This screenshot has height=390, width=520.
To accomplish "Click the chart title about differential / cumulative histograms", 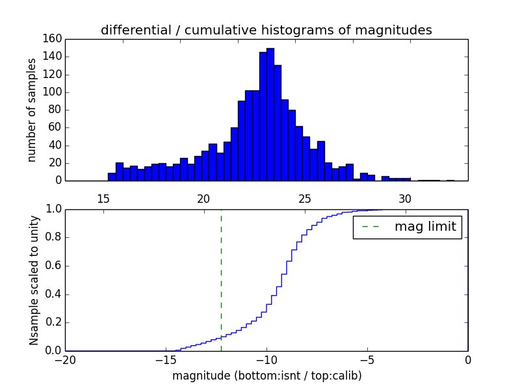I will coord(266,31).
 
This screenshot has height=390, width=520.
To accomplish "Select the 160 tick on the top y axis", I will coord(54,39).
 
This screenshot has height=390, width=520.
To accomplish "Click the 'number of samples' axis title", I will coord(31,109).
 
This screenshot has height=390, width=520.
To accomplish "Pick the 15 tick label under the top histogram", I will coord(103,198).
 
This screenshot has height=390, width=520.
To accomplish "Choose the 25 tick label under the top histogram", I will coord(304,198).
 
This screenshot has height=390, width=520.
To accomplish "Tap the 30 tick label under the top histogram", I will coord(405,198).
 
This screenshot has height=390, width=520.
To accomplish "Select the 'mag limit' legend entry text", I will coord(425,227).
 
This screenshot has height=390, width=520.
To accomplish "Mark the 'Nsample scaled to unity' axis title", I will coord(34,279).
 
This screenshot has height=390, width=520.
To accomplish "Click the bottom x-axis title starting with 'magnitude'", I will coord(266,376).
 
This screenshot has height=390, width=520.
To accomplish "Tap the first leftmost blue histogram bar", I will coord(112,177).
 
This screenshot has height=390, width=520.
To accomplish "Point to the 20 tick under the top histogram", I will coord(203,198).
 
